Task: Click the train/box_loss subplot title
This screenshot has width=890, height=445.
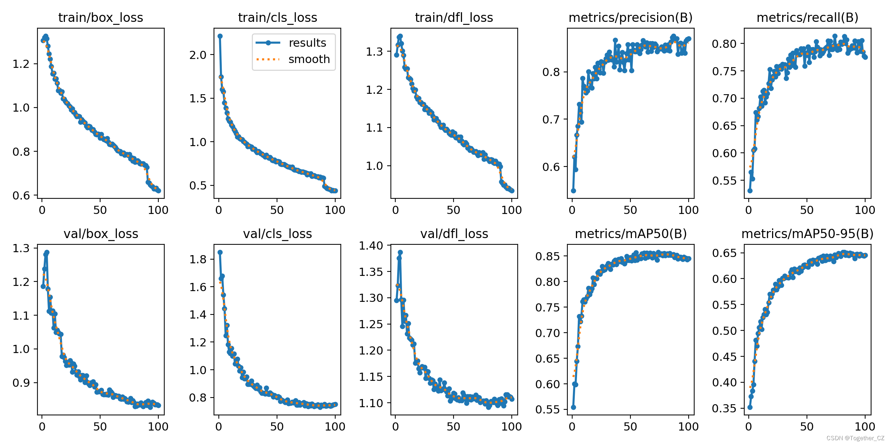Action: (100, 17)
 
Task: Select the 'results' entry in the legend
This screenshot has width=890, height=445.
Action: (307, 43)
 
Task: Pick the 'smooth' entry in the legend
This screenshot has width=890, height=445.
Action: (309, 59)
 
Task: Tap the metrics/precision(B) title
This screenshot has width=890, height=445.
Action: (630, 17)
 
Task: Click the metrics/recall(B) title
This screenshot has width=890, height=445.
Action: (807, 17)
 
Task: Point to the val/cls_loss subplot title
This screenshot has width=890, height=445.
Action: (277, 234)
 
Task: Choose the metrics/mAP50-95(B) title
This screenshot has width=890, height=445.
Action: (807, 234)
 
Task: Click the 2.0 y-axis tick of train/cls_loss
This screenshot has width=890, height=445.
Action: (198, 55)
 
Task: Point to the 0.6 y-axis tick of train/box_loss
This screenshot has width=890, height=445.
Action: (21, 195)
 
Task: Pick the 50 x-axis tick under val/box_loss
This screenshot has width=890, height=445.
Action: (100, 426)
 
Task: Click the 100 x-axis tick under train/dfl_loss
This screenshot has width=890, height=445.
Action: (512, 210)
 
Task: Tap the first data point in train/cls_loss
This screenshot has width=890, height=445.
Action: (220, 36)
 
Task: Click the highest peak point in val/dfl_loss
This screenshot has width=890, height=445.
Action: (400, 253)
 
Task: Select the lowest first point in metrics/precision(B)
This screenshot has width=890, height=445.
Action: (573, 191)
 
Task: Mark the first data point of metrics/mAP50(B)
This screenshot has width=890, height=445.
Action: (573, 407)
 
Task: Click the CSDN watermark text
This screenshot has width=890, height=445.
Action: (855, 438)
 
